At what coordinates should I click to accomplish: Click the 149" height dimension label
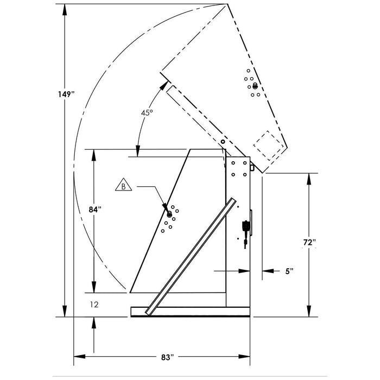[x=66, y=94]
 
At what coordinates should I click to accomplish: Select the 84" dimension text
[x=95, y=210]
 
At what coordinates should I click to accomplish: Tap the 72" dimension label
[x=309, y=242]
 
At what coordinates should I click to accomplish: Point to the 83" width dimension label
[x=167, y=357]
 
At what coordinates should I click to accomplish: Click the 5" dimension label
[x=289, y=271]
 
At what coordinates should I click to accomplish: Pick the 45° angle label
[x=147, y=112]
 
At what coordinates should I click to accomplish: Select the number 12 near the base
[x=94, y=305]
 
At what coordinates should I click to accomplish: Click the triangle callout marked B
[x=124, y=185]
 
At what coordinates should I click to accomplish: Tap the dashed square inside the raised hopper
[x=269, y=145]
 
